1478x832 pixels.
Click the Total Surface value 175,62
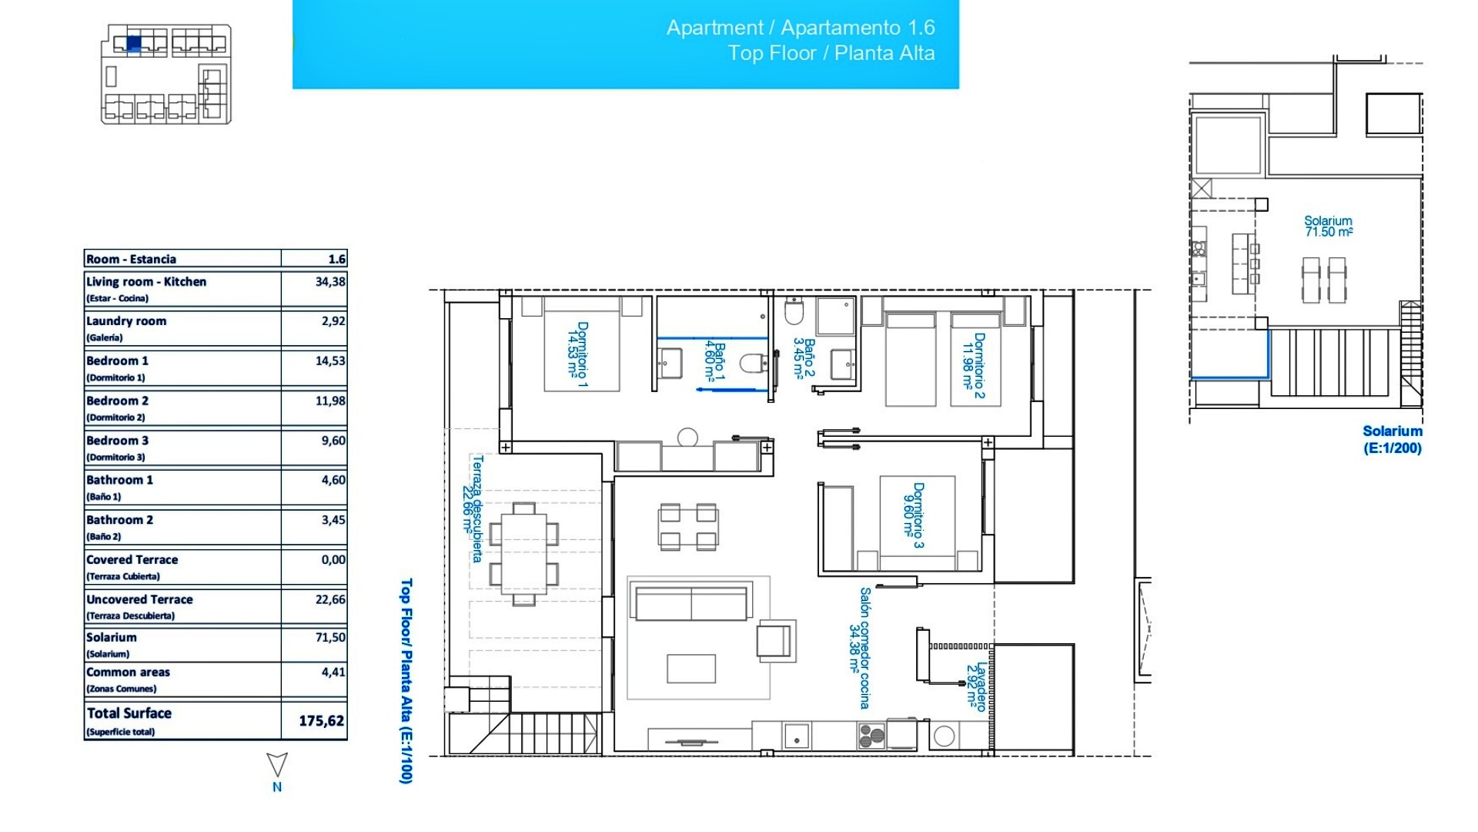[x=321, y=721]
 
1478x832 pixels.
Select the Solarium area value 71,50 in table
[x=330, y=637]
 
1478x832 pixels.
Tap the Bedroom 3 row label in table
[x=118, y=441]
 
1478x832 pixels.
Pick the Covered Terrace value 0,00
[x=333, y=559]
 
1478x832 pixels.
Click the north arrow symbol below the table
[x=277, y=765]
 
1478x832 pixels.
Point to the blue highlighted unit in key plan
[x=133, y=43]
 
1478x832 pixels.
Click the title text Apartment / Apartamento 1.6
[x=801, y=28]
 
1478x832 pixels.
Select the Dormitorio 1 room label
[x=577, y=354]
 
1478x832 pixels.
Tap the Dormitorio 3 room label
[x=913, y=515]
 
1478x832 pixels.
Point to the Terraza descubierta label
[x=472, y=508]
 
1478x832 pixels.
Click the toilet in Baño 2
[x=794, y=313]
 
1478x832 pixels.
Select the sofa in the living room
[x=691, y=602]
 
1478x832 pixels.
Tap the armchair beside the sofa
[x=774, y=640]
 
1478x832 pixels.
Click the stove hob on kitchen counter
[x=871, y=736]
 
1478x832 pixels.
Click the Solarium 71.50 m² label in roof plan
[x=1329, y=226]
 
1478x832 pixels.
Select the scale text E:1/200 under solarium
[x=1392, y=448]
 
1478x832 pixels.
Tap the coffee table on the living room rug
[x=691, y=668]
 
